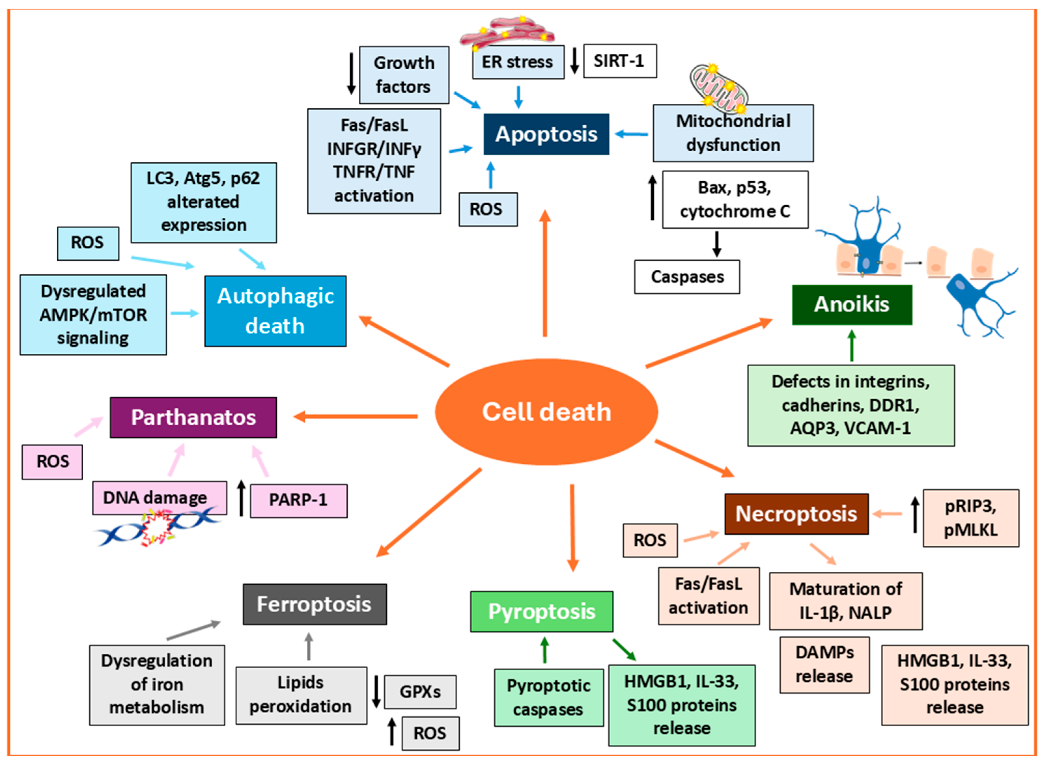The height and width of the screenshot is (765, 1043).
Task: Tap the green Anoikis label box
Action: [851, 305]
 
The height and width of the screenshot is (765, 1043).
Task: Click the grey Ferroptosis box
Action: [314, 604]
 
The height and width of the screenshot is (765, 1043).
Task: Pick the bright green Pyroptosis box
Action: [541, 612]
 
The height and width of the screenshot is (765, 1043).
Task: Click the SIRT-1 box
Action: [619, 61]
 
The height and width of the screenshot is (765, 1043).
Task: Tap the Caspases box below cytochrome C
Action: [687, 277]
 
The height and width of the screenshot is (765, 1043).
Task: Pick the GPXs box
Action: [420, 692]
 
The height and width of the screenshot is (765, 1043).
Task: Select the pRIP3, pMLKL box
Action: [970, 518]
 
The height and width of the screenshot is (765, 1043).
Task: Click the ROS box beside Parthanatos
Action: [52, 462]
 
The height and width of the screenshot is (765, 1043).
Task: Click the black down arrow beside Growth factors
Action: [351, 73]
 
